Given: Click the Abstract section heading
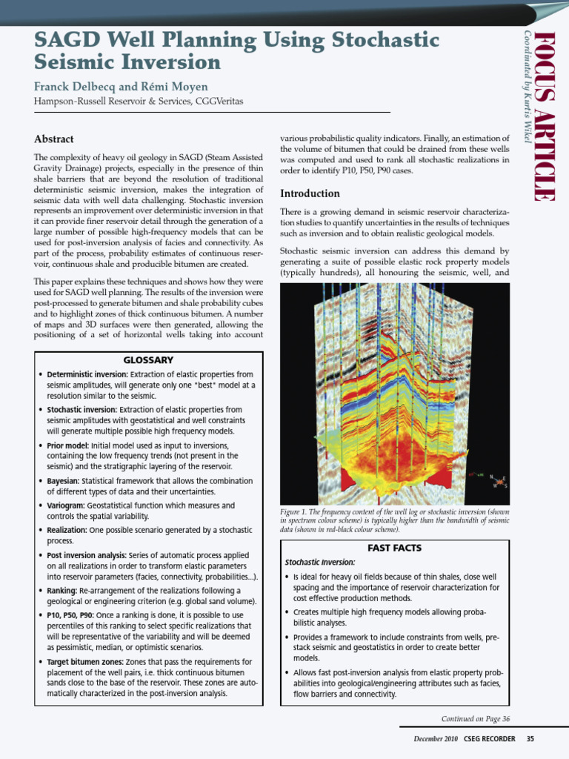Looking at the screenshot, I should coord(54,139).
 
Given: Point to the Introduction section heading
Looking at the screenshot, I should coord(310,193).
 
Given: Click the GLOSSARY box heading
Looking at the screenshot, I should coord(148,360).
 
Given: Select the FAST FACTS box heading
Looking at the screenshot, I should coord(394,548).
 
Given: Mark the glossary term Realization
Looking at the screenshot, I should coord(67,531).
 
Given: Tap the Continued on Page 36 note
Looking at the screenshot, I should coord(475,718).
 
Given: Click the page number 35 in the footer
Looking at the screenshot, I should coord(530,739).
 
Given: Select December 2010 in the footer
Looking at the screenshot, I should coord(436,739).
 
